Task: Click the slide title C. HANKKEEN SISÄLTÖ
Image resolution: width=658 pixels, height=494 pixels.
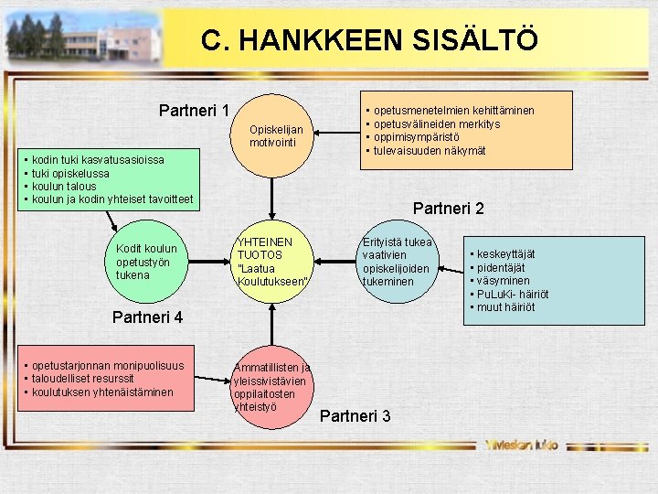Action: (369, 40)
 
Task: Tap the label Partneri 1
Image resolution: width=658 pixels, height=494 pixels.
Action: (194, 111)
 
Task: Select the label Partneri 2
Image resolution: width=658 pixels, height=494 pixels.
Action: (448, 209)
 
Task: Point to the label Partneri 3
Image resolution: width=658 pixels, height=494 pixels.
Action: (356, 416)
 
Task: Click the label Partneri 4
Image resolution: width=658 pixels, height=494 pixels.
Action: (147, 318)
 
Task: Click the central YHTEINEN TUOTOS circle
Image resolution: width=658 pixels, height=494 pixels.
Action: (271, 261)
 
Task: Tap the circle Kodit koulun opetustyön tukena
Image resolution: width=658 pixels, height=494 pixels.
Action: (147, 262)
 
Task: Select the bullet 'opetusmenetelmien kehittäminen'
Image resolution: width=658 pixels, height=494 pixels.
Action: (453, 111)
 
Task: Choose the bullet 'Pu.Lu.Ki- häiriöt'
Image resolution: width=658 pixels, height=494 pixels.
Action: (513, 294)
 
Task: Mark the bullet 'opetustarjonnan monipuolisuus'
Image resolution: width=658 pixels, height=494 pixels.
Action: (106, 366)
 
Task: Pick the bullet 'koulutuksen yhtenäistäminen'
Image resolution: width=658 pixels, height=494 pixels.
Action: (101, 392)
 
